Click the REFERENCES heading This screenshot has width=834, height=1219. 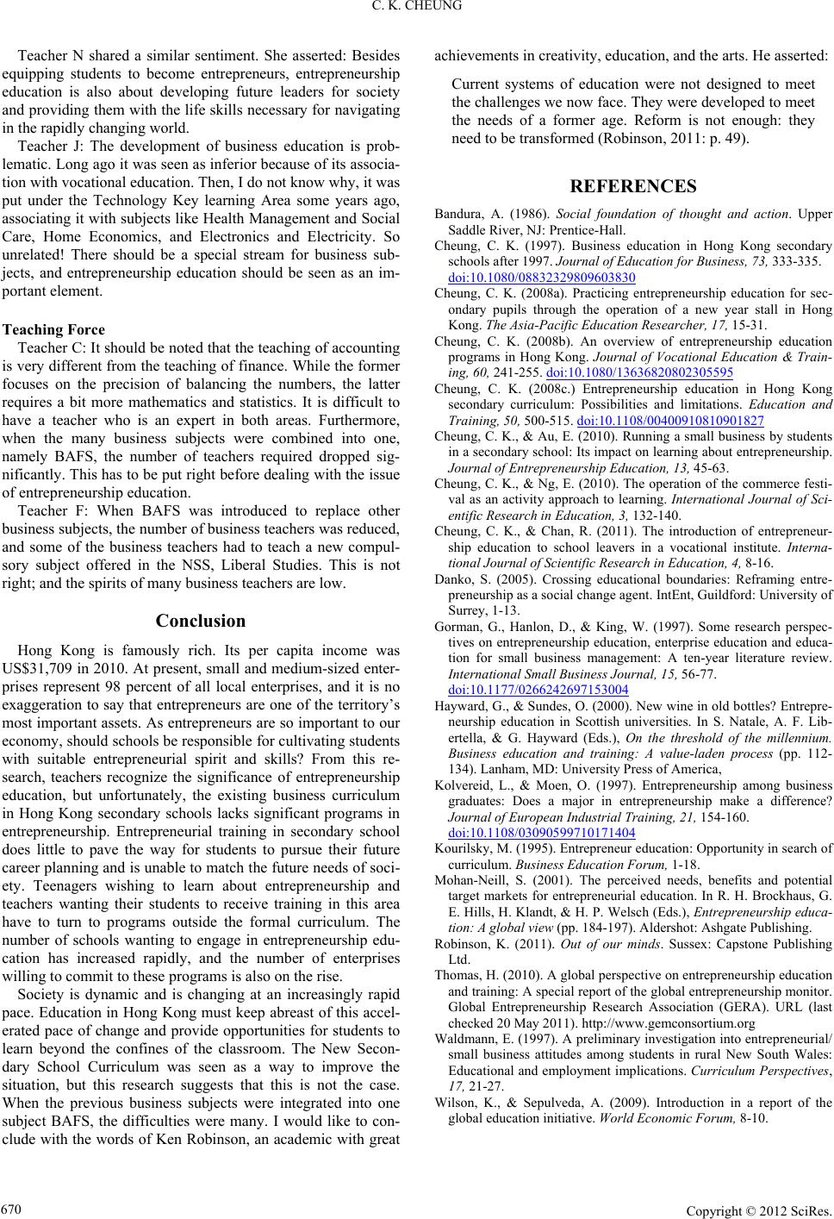[x=633, y=186]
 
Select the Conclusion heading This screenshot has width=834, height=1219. [x=201, y=621]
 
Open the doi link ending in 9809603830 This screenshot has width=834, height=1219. [x=542, y=278]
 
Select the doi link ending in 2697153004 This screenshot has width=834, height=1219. [x=538, y=665]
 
